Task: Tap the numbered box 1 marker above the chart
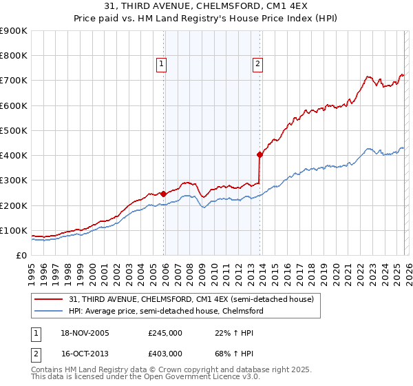161,64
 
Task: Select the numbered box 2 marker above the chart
257,64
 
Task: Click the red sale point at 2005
163,194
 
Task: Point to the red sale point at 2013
260,154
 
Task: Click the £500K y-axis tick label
14,130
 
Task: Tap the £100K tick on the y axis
14,230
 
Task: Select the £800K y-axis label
14,56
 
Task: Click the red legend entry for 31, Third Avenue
191,299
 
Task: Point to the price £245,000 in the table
165,334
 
